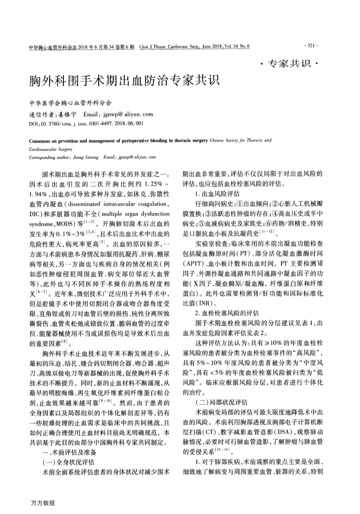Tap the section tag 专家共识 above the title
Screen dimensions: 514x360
(x=289, y=63)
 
